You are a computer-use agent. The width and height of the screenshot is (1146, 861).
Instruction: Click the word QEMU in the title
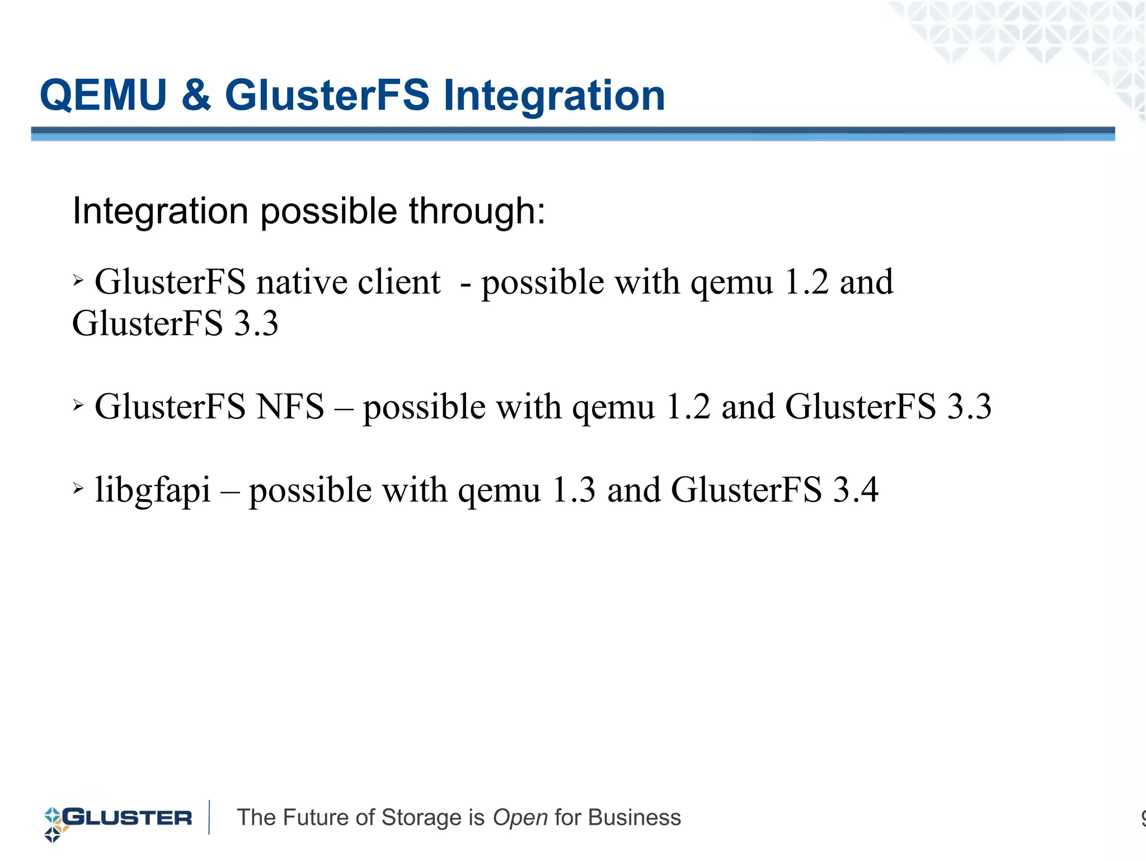(x=104, y=95)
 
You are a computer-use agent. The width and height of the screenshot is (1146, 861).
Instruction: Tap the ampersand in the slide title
(x=196, y=95)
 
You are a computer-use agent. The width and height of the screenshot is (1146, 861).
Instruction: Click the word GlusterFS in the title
(x=327, y=95)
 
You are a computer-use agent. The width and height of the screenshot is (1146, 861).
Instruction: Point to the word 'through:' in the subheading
(x=477, y=211)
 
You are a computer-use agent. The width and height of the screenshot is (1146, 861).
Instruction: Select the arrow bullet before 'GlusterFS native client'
(x=78, y=280)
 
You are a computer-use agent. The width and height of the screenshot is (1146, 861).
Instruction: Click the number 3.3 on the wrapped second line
(x=256, y=324)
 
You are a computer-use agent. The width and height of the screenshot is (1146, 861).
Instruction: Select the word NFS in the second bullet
(x=290, y=407)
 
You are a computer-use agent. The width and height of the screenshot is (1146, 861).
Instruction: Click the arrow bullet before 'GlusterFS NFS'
(x=78, y=404)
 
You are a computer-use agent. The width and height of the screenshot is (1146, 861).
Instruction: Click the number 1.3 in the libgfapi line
(x=574, y=490)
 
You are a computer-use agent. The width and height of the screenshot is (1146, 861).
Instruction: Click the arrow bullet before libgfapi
(x=78, y=488)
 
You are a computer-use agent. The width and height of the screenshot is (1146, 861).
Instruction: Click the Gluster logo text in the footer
(x=128, y=818)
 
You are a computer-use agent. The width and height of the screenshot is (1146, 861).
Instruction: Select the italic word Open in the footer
(x=520, y=818)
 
